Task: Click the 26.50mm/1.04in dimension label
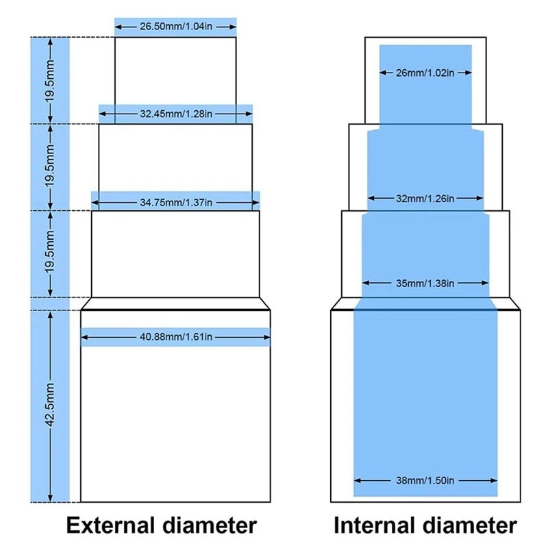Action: point(175,26)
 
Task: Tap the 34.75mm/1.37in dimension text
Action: point(175,202)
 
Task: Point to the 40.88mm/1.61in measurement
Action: point(176,336)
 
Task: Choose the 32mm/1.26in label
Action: point(425,199)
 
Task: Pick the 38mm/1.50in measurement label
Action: point(425,475)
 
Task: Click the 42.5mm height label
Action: point(51,406)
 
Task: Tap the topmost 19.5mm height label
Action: point(51,79)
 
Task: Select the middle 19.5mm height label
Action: point(51,166)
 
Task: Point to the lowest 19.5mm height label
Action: point(51,253)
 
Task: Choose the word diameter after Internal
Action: point(469,525)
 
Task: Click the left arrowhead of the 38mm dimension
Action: point(357,475)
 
